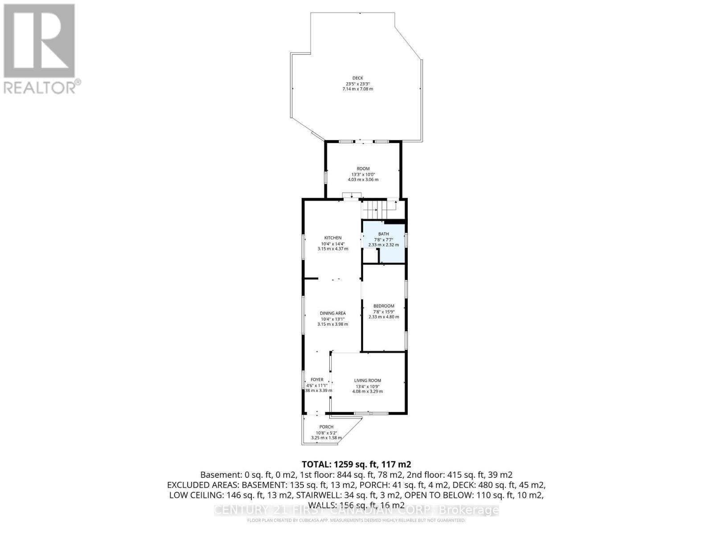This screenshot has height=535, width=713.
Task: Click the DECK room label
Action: pos(357,78)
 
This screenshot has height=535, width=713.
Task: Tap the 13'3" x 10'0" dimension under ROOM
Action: pos(363,174)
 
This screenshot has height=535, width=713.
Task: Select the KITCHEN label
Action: pos(333,238)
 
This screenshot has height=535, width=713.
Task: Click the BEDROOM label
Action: pos(384,306)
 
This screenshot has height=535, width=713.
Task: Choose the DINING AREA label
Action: pos(333,313)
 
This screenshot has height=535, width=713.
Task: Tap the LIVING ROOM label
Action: pos(368,380)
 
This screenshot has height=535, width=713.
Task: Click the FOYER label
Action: pos(317,379)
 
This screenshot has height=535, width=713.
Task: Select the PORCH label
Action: pos(326,427)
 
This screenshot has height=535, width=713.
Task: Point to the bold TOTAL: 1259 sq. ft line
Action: pos(356,465)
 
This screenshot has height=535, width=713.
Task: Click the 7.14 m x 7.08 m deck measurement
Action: pos(357,89)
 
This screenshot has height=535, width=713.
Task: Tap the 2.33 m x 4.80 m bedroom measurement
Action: pos(384,317)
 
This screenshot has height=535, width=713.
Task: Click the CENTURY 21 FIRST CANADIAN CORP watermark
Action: pos(356,510)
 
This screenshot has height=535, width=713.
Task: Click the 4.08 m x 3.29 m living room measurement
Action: pos(368,391)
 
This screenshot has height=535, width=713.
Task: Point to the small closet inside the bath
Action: pos(370,256)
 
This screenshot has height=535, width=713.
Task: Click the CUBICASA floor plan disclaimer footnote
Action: pos(356,520)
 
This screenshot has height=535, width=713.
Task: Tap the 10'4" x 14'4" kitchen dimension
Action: pos(333,243)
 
